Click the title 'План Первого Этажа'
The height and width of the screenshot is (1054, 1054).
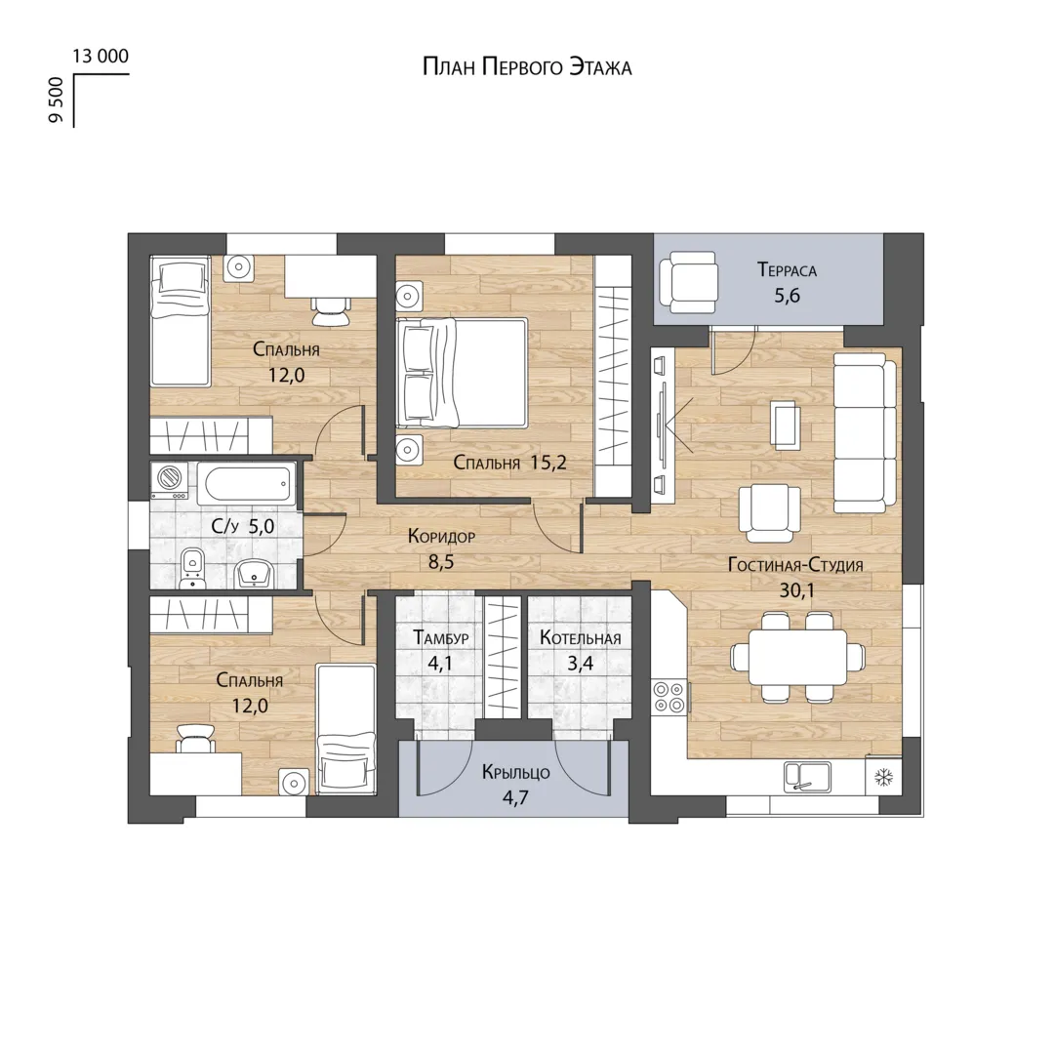[x=527, y=67]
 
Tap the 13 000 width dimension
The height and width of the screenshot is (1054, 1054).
[x=101, y=56]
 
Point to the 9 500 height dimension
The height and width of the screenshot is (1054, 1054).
[x=56, y=101]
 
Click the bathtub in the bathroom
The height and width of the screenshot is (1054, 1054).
[x=246, y=483]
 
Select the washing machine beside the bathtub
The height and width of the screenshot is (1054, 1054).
[x=170, y=480]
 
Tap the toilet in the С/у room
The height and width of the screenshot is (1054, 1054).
[x=193, y=568]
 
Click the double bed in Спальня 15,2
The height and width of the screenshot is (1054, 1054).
[x=462, y=373]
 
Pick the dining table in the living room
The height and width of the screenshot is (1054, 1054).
[x=798, y=657]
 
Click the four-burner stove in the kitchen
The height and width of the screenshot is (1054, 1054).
[x=669, y=697]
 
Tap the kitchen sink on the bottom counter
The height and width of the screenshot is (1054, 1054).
[x=807, y=777]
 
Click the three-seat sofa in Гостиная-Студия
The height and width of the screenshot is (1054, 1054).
[x=865, y=433]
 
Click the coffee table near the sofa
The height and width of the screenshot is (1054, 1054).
[x=785, y=425]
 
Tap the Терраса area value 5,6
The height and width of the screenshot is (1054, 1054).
[x=788, y=296]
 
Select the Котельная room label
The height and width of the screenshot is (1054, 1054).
[x=580, y=637]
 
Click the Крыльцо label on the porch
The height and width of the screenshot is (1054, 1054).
[x=515, y=772]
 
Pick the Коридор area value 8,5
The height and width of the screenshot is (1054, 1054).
[x=441, y=562]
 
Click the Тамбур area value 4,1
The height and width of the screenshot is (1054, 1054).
[x=440, y=665]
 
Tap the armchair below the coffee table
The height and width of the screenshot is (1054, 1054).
[x=770, y=513]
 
